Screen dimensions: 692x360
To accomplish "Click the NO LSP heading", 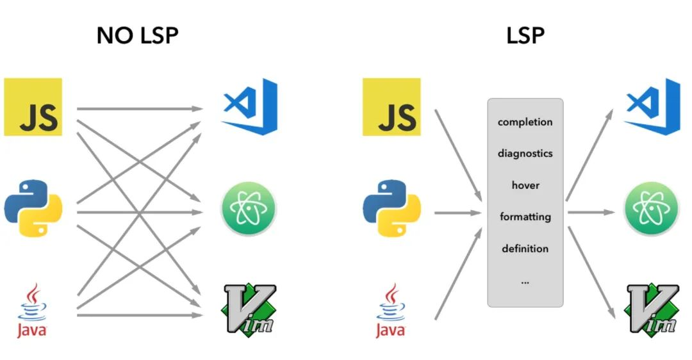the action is [137, 36].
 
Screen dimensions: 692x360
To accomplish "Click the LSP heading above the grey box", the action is [525, 36].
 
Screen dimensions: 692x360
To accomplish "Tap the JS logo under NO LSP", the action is [33, 107].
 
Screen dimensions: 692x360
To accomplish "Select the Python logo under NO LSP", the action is [33, 208].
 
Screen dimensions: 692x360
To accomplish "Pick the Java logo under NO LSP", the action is [32, 310].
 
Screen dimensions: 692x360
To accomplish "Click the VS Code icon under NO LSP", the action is [249, 106].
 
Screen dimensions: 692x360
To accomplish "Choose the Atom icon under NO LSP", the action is [249, 208].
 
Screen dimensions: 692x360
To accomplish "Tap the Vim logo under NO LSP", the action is [250, 310].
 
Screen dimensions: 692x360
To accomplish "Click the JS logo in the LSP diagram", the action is [391, 107].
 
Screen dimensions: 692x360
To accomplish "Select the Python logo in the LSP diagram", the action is [392, 208].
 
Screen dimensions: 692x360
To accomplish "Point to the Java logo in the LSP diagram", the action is [391, 310].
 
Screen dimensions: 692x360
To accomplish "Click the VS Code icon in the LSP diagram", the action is [652, 106].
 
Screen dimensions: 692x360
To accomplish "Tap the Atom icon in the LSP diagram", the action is [652, 208].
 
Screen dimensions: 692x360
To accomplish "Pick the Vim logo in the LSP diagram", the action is [652, 310].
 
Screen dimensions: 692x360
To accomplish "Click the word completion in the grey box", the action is [525, 122].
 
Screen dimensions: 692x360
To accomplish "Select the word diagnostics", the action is [525, 154].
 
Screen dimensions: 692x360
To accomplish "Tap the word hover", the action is [525, 185].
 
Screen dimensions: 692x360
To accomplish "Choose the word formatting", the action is [525, 217].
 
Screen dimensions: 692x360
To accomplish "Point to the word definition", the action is [525, 249].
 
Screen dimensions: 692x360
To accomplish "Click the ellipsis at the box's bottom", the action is [525, 282].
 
